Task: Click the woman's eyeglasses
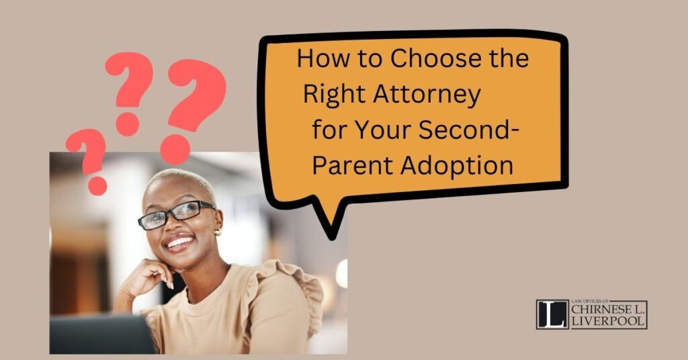coord(175,214)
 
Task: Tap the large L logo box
coord(552,314)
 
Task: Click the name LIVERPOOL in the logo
coord(608,320)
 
